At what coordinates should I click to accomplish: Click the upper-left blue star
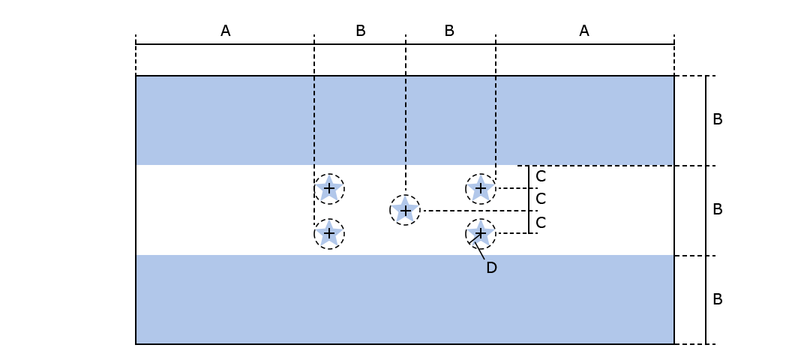pos(329,189)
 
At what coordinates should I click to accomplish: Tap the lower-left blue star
pos(329,234)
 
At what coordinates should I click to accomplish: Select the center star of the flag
pos(405,211)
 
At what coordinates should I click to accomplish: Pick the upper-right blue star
pos(481,189)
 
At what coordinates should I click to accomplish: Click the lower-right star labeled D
pos(481,234)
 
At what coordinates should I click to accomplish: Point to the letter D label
pos(491,268)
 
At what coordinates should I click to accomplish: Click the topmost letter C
pos(540,177)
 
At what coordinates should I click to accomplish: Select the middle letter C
pos(540,199)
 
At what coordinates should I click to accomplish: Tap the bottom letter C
pos(540,223)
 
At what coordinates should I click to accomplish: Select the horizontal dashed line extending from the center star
pos(472,211)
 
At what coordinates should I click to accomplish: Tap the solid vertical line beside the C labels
pos(529,199)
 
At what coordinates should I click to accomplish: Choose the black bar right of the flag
pos(697,210)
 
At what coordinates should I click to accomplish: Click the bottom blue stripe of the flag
pos(405,299)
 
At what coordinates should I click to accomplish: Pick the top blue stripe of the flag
pos(225,120)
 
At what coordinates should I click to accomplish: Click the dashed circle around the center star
pos(390,211)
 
